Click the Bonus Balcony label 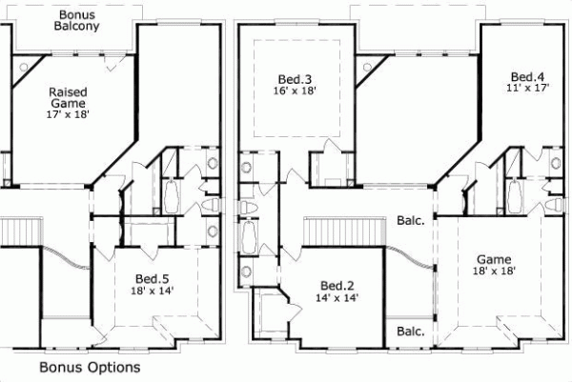coord(77,23)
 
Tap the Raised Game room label coord(70,98)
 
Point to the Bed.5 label coord(152,278)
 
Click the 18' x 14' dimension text coord(152,292)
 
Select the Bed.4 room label coord(527,76)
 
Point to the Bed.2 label coord(337,285)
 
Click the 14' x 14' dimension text coord(337,298)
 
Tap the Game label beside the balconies coord(494,259)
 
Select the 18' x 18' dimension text coord(494,272)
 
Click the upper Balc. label coord(411,221)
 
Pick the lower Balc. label coord(411,332)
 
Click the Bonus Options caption coord(90,367)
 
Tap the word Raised coord(70,92)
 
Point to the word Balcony coord(77,30)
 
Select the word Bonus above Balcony coord(77,15)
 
